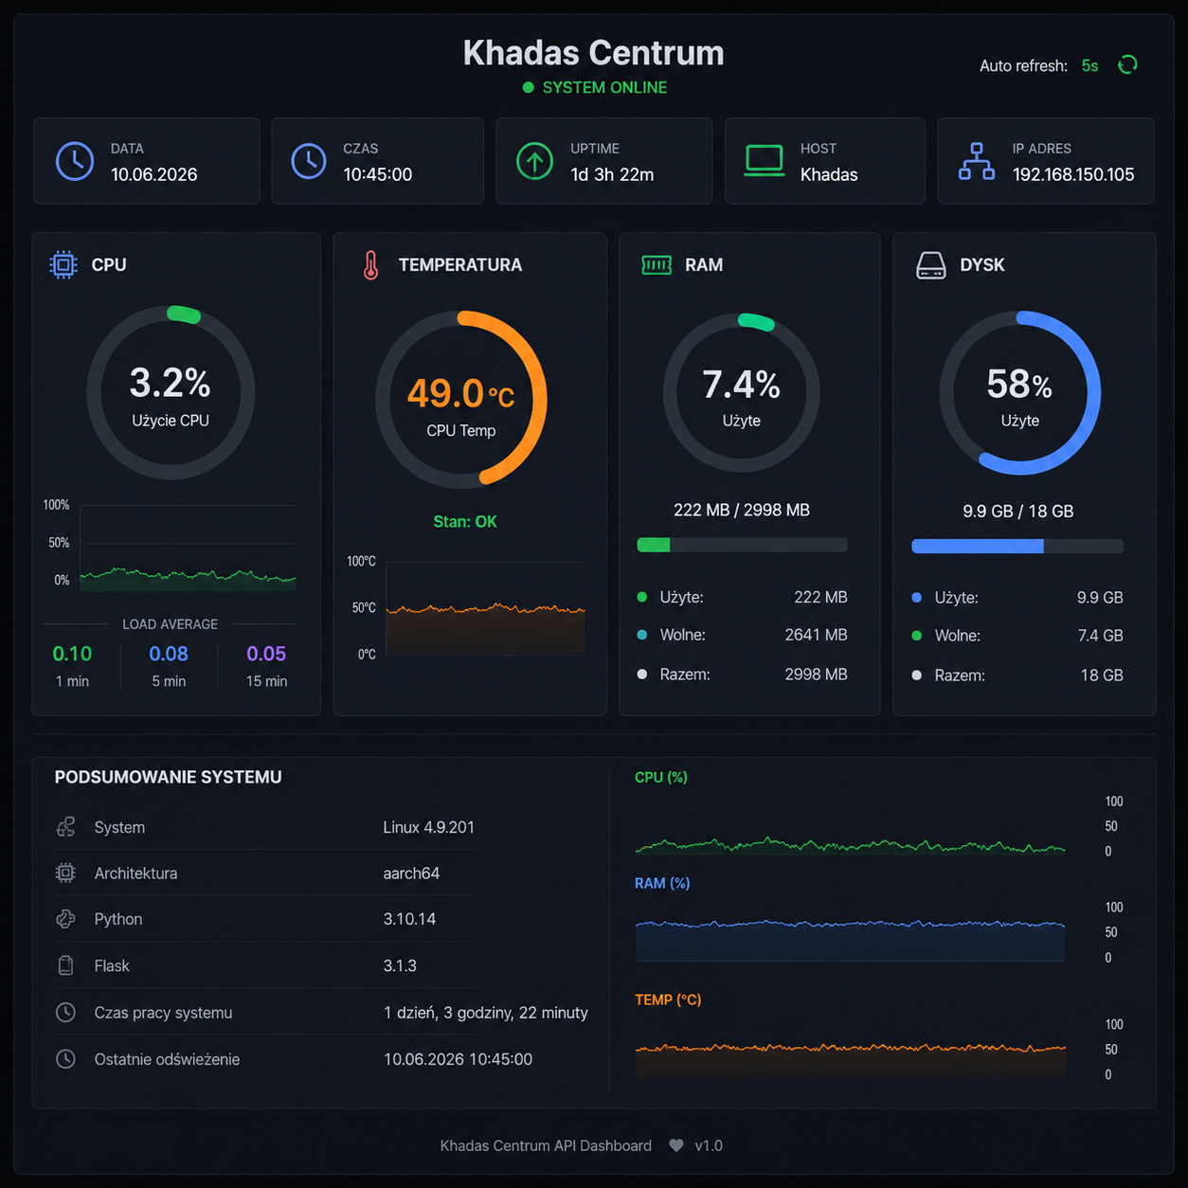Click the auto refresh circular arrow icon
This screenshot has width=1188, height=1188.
click(x=1127, y=64)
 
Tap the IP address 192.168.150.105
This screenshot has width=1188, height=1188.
click(x=1072, y=174)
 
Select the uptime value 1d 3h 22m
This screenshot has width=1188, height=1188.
click(x=612, y=174)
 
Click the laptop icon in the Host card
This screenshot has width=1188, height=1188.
click(x=764, y=161)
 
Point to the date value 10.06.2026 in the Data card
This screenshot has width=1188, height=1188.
click(x=153, y=174)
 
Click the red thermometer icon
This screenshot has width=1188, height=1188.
click(x=370, y=265)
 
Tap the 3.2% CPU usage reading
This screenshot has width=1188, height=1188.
click(x=170, y=382)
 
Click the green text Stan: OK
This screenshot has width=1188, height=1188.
click(x=465, y=522)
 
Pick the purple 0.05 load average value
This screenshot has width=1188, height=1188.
click(x=265, y=654)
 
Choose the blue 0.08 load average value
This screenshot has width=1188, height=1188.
click(x=169, y=654)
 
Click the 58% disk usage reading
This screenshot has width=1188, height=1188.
click(x=1019, y=384)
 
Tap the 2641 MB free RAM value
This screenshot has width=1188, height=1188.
click(x=816, y=635)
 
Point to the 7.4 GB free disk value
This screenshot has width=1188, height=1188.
click(x=1100, y=635)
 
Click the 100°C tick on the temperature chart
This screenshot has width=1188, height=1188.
click(x=361, y=561)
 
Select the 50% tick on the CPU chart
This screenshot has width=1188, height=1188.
click(x=59, y=543)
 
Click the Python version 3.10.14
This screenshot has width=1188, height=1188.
click(x=409, y=919)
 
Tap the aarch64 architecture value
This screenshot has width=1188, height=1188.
click(x=411, y=873)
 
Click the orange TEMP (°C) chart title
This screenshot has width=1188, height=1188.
click(x=668, y=999)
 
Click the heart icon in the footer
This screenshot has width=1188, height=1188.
click(x=675, y=1145)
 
